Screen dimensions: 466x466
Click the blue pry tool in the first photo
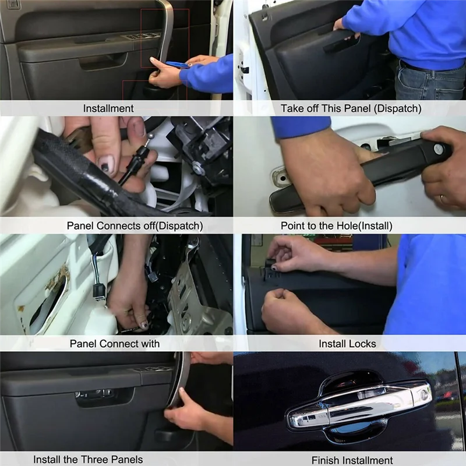pyautogui.click(x=177, y=65)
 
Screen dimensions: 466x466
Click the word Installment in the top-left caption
pyautogui.click(x=108, y=108)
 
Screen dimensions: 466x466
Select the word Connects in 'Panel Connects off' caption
pyautogui.click(x=121, y=225)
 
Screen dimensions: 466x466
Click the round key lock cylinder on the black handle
pyautogui.click(x=439, y=150)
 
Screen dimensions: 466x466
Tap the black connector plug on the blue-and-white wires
pyautogui.click(x=99, y=290)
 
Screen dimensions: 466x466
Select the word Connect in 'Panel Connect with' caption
pyautogui.click(x=119, y=344)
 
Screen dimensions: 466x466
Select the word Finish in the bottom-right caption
pyautogui.click(x=326, y=460)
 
